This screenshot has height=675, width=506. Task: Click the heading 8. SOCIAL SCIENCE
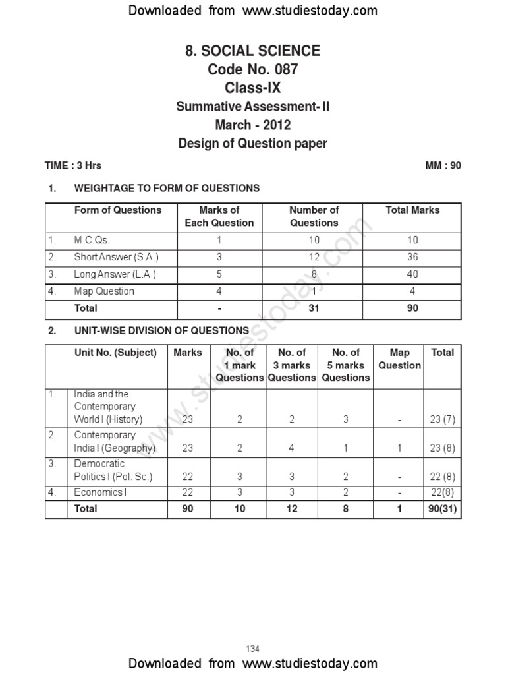pos(253,51)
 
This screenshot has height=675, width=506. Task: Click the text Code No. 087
pos(253,69)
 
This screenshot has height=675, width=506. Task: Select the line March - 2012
pos(253,125)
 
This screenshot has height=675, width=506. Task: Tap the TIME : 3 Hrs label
pos(73,165)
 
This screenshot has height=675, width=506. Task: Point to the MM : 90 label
pos(443,165)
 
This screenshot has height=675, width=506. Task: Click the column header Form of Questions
pos(118,210)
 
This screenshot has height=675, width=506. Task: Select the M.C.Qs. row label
pos(93,240)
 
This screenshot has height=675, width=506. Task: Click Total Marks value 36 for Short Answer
pos(412,257)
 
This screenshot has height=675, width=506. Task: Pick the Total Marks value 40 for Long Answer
pos(412,274)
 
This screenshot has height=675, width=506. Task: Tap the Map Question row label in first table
pos(104,291)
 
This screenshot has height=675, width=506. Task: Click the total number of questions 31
pos(314,308)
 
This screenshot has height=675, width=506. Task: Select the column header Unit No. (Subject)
pos(115,353)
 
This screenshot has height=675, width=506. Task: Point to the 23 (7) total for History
pos(441,419)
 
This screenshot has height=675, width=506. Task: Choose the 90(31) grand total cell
pos(442,509)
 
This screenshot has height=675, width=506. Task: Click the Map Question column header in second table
pos(399,359)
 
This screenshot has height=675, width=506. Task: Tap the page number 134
pos(253,649)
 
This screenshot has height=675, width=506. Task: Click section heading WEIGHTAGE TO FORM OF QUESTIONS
pos(167,189)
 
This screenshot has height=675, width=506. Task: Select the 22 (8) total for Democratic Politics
pos(441,477)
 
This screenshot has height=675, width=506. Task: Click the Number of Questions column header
pos(314,216)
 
